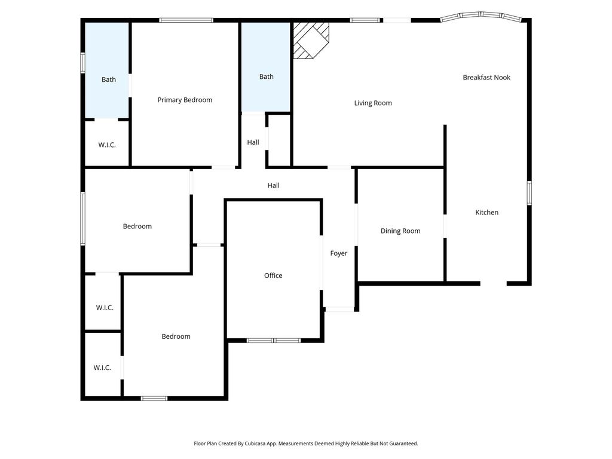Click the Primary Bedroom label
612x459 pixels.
pos(185,100)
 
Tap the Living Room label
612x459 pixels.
pos(373,103)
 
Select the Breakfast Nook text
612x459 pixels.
pos(486,77)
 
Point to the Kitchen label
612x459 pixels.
pos(486,212)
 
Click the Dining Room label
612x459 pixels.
pos(400,231)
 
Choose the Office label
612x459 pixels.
pos(273,276)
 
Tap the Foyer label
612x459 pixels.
pos(339,253)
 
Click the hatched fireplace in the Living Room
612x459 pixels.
pos(311,40)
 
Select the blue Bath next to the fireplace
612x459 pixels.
pos(266,67)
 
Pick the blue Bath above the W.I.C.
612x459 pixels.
pos(107,71)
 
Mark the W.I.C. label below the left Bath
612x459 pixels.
pos(107,145)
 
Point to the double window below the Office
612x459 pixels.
pos(274,341)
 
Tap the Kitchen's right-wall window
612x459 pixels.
pos(530,193)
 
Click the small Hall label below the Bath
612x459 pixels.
pos(253,142)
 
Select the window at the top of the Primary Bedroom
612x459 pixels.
pos(186,20)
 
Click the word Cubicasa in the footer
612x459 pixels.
pos(256,443)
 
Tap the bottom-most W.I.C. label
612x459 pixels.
pos(102,368)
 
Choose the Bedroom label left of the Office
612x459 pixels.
pos(176,336)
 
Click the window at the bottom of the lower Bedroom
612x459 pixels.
pos(154,399)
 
